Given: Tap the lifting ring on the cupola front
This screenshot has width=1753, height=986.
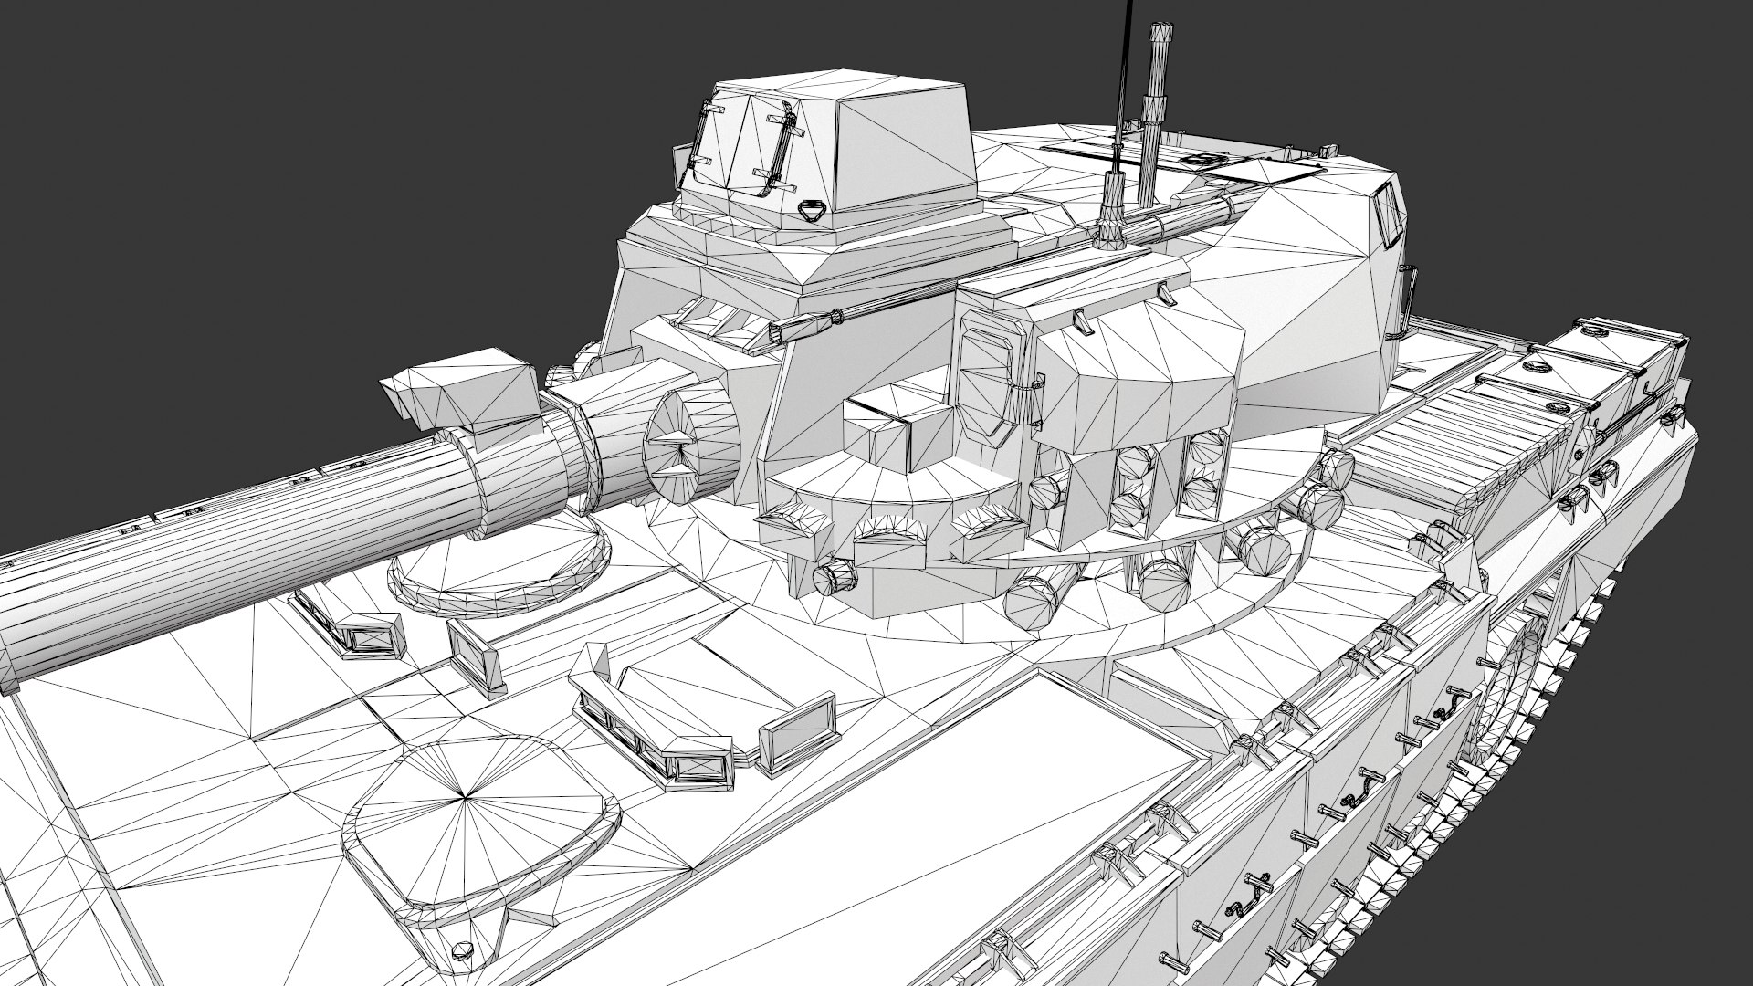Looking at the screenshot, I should (x=807, y=211).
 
